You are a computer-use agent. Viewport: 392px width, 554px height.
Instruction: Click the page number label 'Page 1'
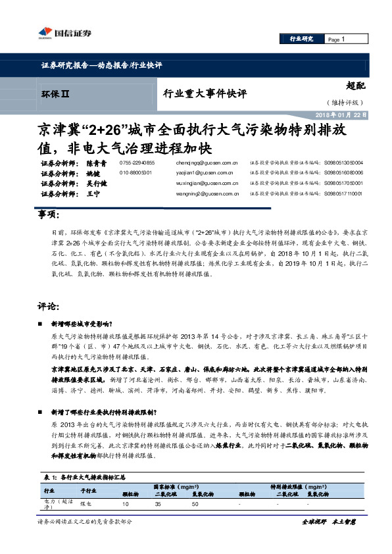click(335, 39)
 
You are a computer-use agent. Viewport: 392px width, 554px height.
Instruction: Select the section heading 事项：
click(49, 215)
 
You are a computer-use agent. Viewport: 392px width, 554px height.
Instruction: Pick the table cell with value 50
click(195, 503)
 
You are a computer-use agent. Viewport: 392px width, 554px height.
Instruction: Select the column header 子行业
click(88, 490)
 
